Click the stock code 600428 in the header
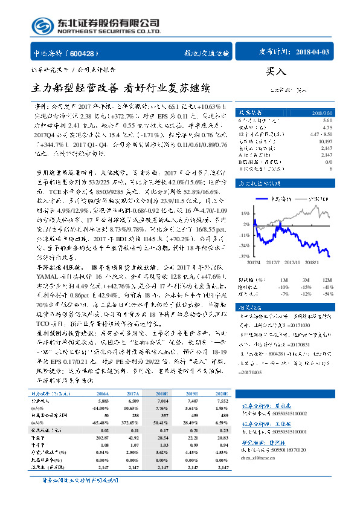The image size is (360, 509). click(88, 53)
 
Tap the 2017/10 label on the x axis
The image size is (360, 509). click(291, 262)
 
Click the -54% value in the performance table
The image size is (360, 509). click(327, 294)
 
